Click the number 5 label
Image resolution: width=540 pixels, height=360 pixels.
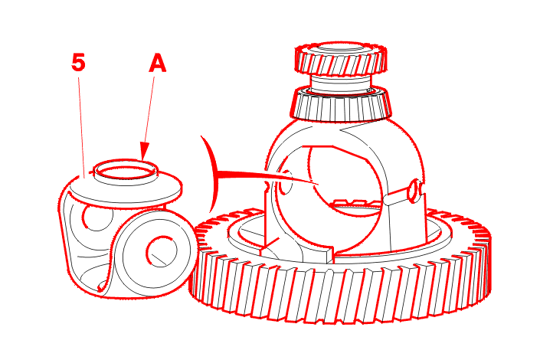(78, 62)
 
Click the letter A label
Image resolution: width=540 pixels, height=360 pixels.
(157, 64)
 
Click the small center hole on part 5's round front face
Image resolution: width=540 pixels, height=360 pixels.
(162, 251)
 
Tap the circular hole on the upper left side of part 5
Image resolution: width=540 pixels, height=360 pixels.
(97, 218)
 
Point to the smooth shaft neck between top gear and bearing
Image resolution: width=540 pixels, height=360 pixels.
(341, 83)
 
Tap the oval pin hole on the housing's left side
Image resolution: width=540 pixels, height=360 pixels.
(285, 182)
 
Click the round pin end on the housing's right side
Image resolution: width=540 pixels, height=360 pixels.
(414, 191)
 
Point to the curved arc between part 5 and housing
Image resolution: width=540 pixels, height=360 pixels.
(213, 173)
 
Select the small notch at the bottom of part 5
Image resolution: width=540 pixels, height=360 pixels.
(103, 286)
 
